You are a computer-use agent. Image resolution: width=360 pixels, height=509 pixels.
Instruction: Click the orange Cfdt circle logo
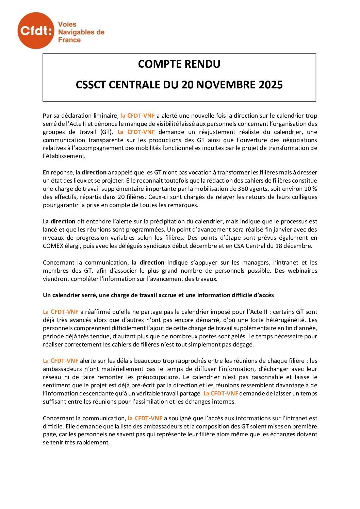pyautogui.click(x=36, y=31)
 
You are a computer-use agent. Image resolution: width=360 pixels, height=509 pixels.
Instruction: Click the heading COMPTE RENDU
pyautogui.click(x=179, y=64)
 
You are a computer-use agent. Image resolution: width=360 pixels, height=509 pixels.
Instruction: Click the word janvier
pyautogui.click(x=278, y=230)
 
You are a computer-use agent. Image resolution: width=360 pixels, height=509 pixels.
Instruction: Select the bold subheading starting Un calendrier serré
pyautogui.click(x=158, y=295)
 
